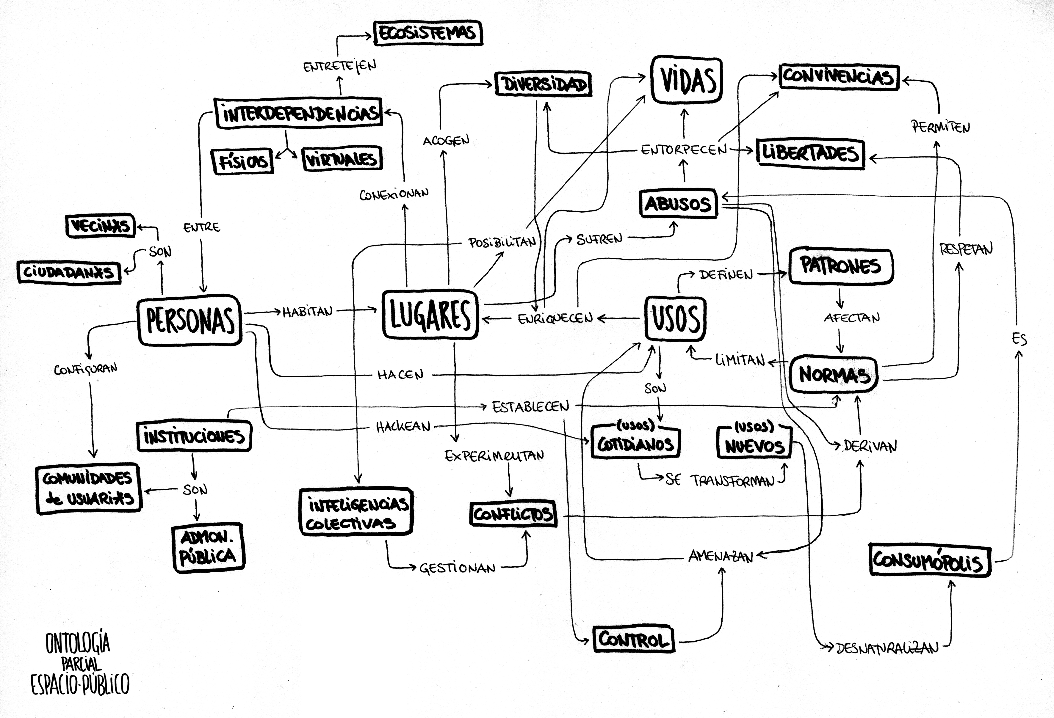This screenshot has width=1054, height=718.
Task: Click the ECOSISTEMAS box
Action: [428, 33]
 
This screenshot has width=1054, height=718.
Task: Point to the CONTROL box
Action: [634, 639]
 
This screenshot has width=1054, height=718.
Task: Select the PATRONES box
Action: [840, 266]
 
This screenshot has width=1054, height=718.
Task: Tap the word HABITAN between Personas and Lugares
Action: [308, 312]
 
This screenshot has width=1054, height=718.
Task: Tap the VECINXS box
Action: [101, 225]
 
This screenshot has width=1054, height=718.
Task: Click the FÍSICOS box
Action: [243, 161]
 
